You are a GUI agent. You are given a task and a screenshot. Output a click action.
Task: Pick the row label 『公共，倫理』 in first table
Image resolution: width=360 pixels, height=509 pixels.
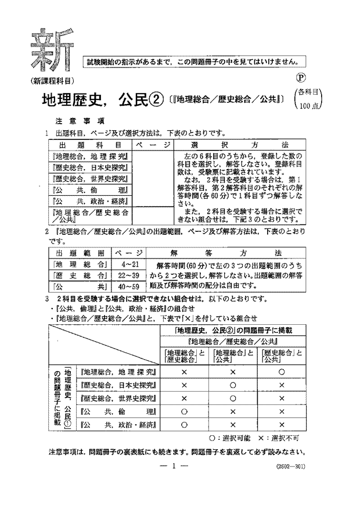[x=91, y=190]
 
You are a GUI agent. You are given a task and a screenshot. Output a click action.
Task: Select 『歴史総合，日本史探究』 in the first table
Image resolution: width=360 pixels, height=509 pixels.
[x=91, y=167]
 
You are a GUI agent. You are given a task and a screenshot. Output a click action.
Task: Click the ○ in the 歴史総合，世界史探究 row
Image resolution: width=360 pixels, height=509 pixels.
[x=232, y=398]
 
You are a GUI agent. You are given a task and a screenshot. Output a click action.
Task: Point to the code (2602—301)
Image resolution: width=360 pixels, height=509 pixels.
[x=287, y=467]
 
